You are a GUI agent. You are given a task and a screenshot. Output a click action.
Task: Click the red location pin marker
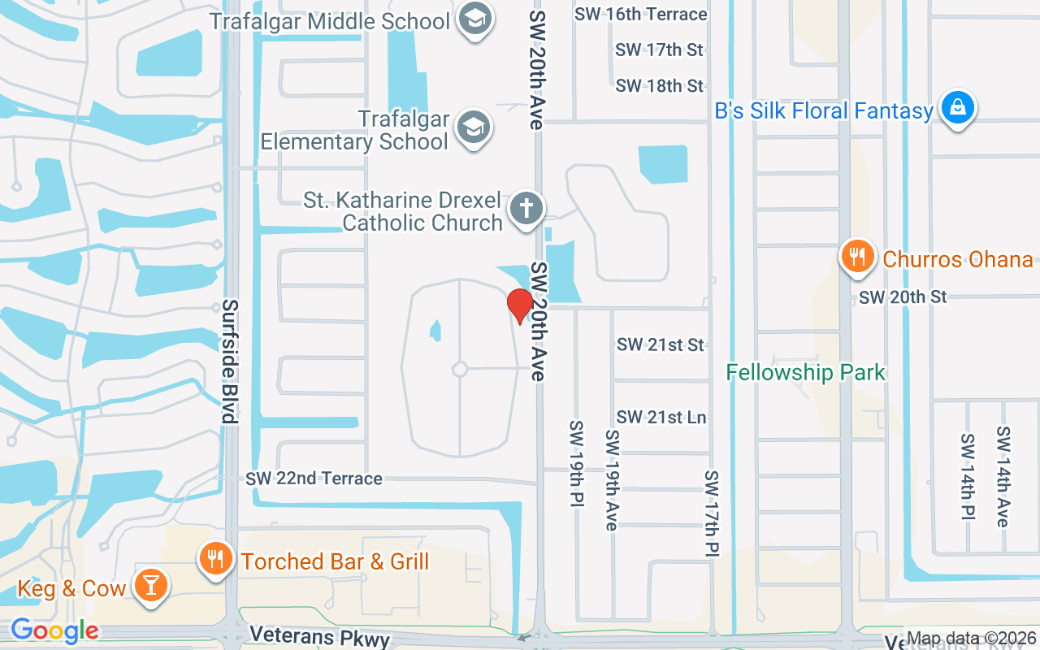point(519,305)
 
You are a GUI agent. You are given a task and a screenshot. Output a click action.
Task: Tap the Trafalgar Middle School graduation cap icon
point(475,20)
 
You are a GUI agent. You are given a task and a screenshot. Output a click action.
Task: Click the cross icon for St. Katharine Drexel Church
point(526,210)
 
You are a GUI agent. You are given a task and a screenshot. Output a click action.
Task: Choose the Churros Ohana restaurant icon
point(857,258)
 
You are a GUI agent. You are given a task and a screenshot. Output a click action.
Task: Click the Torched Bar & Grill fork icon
point(215,560)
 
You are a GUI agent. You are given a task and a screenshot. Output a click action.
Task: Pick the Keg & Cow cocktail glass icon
point(149,587)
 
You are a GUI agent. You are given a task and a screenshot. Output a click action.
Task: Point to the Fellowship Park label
point(805,373)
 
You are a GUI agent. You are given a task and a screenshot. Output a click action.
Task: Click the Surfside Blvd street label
point(230,362)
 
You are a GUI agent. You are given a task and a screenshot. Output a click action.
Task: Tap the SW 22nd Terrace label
point(314,479)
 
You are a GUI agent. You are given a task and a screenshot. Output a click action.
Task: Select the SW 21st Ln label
point(661,418)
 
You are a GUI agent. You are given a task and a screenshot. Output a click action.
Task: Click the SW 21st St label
point(660,344)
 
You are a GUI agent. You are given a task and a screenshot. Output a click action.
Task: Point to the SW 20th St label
point(903,297)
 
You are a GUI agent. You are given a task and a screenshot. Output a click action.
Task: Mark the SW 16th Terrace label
point(640,14)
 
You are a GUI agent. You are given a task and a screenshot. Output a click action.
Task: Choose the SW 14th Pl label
point(967,479)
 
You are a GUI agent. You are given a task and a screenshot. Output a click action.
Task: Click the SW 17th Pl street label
point(712,513)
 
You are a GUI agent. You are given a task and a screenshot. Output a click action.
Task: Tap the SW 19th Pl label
point(576,465)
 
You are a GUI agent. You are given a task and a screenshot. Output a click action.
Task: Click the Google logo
point(54,630)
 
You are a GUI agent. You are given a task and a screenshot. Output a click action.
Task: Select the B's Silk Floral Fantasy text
point(824,111)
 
